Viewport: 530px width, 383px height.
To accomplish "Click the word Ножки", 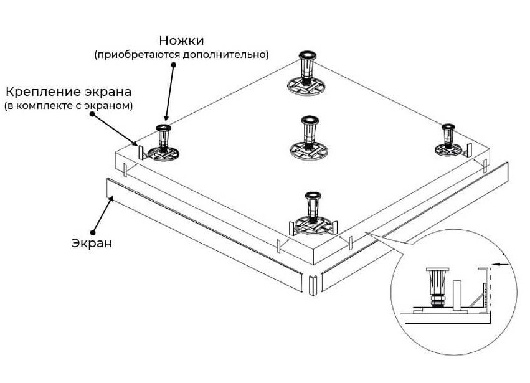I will click(x=181, y=41).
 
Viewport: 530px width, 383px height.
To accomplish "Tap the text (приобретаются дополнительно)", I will click(x=181, y=55).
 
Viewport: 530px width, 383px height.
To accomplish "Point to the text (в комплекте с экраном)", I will click(x=68, y=106).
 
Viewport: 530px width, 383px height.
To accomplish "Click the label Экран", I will click(x=91, y=243).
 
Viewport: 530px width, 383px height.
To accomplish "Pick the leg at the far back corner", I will click(x=307, y=67).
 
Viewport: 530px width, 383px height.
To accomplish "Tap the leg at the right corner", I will click(x=447, y=136).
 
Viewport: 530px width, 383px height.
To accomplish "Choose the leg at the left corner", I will click(x=164, y=137).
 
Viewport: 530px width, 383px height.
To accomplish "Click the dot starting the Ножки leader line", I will click(x=174, y=64).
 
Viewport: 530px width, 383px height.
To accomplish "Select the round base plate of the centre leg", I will click(x=310, y=149).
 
